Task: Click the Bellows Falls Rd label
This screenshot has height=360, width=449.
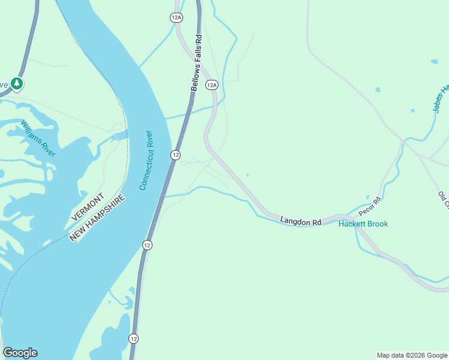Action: (x=197, y=62)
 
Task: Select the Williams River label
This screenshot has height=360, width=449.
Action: (x=38, y=139)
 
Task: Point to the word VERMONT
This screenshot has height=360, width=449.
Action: (x=88, y=206)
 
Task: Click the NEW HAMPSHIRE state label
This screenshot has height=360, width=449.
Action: (x=98, y=218)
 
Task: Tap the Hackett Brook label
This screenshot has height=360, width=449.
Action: (x=363, y=224)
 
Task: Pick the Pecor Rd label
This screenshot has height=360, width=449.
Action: (x=370, y=206)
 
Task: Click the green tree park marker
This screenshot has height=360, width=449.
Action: (x=17, y=83)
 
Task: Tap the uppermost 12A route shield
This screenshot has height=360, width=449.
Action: (x=176, y=17)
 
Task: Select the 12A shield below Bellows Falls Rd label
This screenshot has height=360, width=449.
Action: (x=211, y=85)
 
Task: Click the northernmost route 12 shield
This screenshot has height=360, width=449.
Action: (x=175, y=155)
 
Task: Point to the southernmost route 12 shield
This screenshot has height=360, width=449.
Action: (x=133, y=338)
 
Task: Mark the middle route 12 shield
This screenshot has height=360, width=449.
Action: (x=147, y=245)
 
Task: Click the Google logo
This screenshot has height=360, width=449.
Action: (x=20, y=353)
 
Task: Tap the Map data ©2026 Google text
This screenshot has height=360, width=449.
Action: (x=412, y=355)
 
